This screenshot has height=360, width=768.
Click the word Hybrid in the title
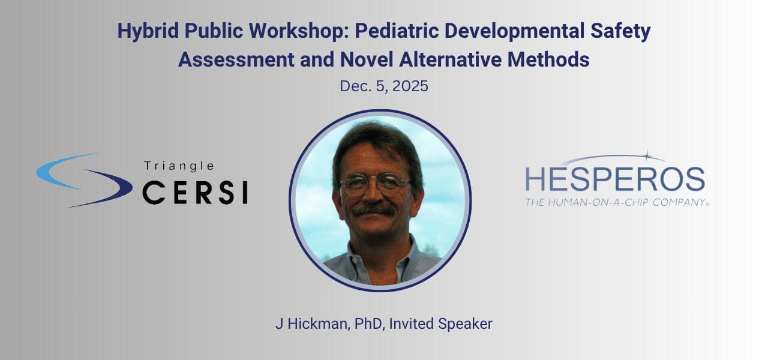(148, 31)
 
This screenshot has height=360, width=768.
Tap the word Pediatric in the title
(397, 31)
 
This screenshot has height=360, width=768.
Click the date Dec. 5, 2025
(383, 86)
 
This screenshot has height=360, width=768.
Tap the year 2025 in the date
(410, 86)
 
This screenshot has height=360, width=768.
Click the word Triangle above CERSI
(179, 166)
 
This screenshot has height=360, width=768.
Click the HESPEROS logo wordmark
(615, 179)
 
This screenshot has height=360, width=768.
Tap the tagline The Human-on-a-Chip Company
(617, 202)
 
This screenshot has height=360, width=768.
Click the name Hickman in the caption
(319, 323)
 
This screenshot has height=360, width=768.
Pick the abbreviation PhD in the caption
(368, 323)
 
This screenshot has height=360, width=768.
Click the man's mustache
(373, 209)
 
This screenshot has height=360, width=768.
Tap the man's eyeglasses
(376, 184)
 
